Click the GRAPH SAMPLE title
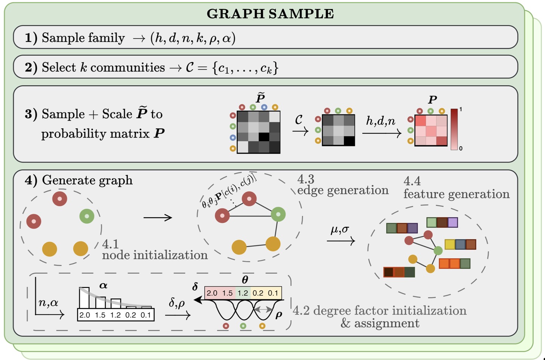pyautogui.click(x=270, y=14)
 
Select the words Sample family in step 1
pyautogui.click(x=83, y=38)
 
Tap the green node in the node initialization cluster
pyautogui.click(x=87, y=216)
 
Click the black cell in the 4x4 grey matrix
pyautogui.click(x=263, y=137)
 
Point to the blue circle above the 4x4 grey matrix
pyautogui.click(x=264, y=107)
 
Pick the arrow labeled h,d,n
pyautogui.click(x=381, y=133)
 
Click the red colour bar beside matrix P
pyautogui.click(x=454, y=129)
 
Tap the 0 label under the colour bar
pyautogui.click(x=461, y=148)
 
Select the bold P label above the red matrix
pyautogui.click(x=432, y=100)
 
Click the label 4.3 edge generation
pyautogui.click(x=342, y=185)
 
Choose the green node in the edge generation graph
pyautogui.click(x=278, y=214)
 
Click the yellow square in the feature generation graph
pyautogui.click(x=450, y=244)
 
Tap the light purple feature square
pyautogui.click(x=452, y=223)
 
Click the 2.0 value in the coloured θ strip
pyautogui.click(x=212, y=293)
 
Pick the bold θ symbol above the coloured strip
pyautogui.click(x=245, y=280)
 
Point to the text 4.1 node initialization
pyautogui.click(x=155, y=250)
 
